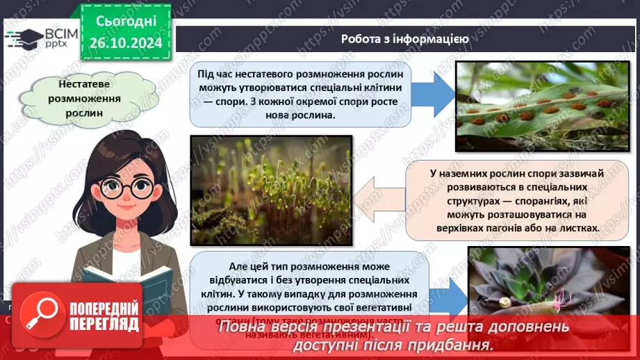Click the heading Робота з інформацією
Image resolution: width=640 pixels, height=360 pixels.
pyautogui.click(x=404, y=38)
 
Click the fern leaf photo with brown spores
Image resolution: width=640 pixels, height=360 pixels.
pyautogui.click(x=543, y=106)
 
